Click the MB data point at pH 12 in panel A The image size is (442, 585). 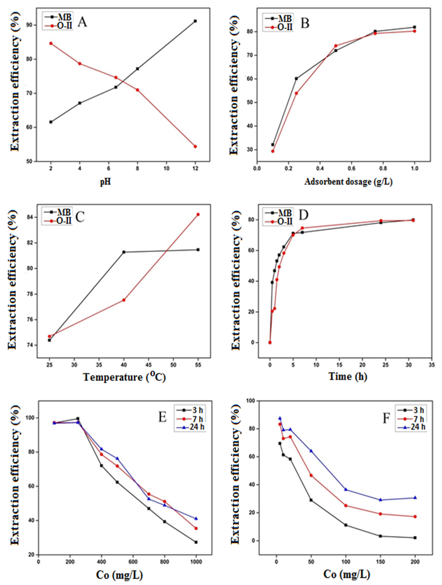tap(195, 21)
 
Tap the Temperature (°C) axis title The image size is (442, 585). tap(124, 377)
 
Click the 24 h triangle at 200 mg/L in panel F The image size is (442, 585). tap(415, 497)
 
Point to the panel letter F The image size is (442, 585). tap(386, 419)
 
